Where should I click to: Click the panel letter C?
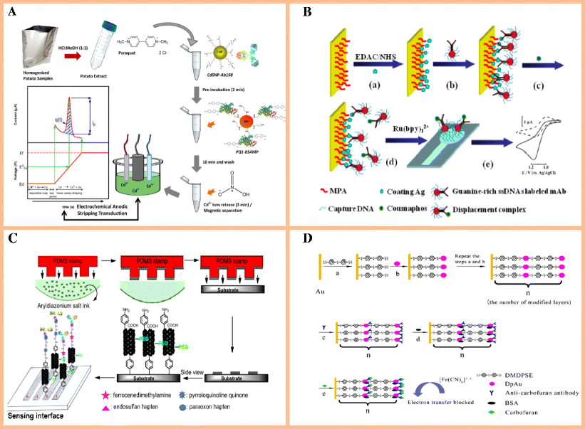[x=14, y=236]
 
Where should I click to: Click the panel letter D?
[x=307, y=236]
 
